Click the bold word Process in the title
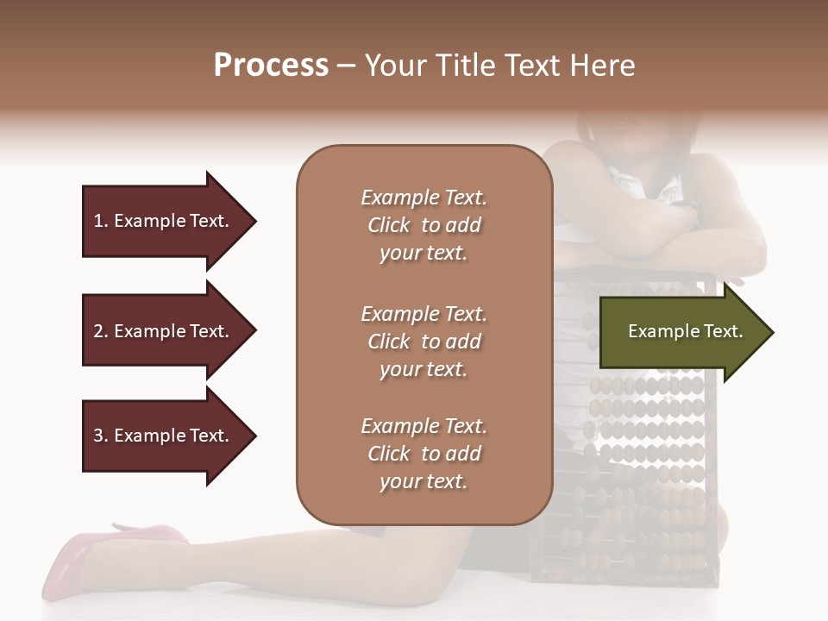click(x=271, y=66)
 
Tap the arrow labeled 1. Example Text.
click(x=164, y=221)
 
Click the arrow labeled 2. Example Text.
click(x=164, y=331)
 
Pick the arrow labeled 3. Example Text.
click(x=164, y=436)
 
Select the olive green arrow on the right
click(x=681, y=332)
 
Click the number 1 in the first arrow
click(x=98, y=221)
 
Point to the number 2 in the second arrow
click(x=98, y=331)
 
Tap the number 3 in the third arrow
click(x=98, y=436)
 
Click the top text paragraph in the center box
click(x=423, y=225)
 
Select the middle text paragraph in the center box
click(x=423, y=342)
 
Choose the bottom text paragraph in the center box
click(x=423, y=454)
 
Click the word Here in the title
click(x=605, y=66)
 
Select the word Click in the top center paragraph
click(x=389, y=226)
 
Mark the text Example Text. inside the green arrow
click(x=685, y=331)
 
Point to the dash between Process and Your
click(x=347, y=66)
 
